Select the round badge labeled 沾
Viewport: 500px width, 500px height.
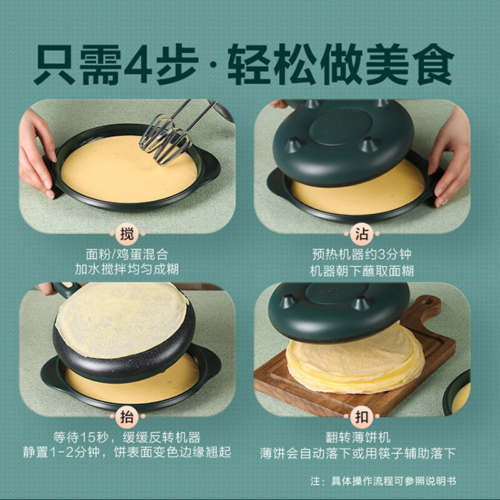click(x=362, y=234)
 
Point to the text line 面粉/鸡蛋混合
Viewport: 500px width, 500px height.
click(x=127, y=255)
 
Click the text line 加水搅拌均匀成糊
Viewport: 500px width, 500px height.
click(x=127, y=272)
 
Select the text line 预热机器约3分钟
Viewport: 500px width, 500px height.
click(x=362, y=255)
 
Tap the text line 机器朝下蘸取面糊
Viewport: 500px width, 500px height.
click(x=362, y=272)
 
